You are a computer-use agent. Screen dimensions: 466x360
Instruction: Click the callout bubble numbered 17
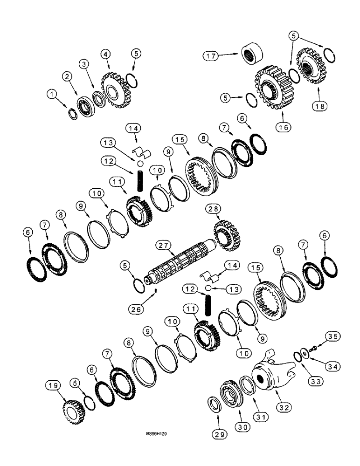click(x=211, y=56)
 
